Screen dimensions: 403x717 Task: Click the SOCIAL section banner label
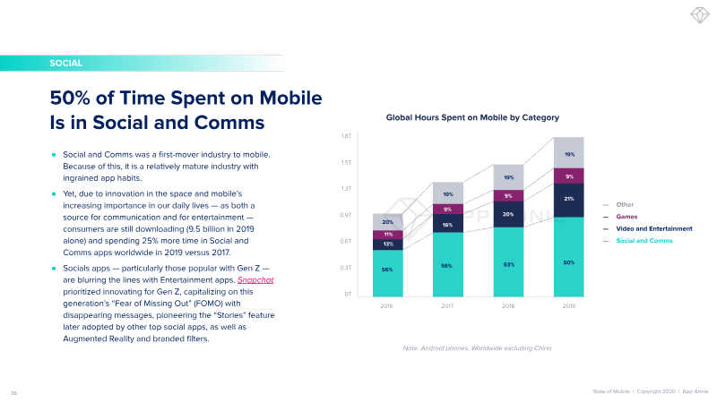click(67, 64)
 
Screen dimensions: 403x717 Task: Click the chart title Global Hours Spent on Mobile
click(472, 117)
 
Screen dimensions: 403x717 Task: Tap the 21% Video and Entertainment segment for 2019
click(569, 200)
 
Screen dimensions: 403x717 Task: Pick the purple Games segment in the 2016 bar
click(387, 235)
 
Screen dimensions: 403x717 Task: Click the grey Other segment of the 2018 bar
click(508, 177)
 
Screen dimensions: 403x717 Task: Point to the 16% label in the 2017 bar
click(447, 225)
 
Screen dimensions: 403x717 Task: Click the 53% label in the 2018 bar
click(508, 264)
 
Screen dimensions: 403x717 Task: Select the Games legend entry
click(626, 217)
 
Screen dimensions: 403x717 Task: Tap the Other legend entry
click(625, 205)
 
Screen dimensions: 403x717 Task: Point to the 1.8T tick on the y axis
click(345, 136)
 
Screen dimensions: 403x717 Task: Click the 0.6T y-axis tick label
click(345, 242)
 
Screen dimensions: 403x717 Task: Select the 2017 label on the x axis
click(447, 306)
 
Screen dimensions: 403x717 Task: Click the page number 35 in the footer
click(13, 391)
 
